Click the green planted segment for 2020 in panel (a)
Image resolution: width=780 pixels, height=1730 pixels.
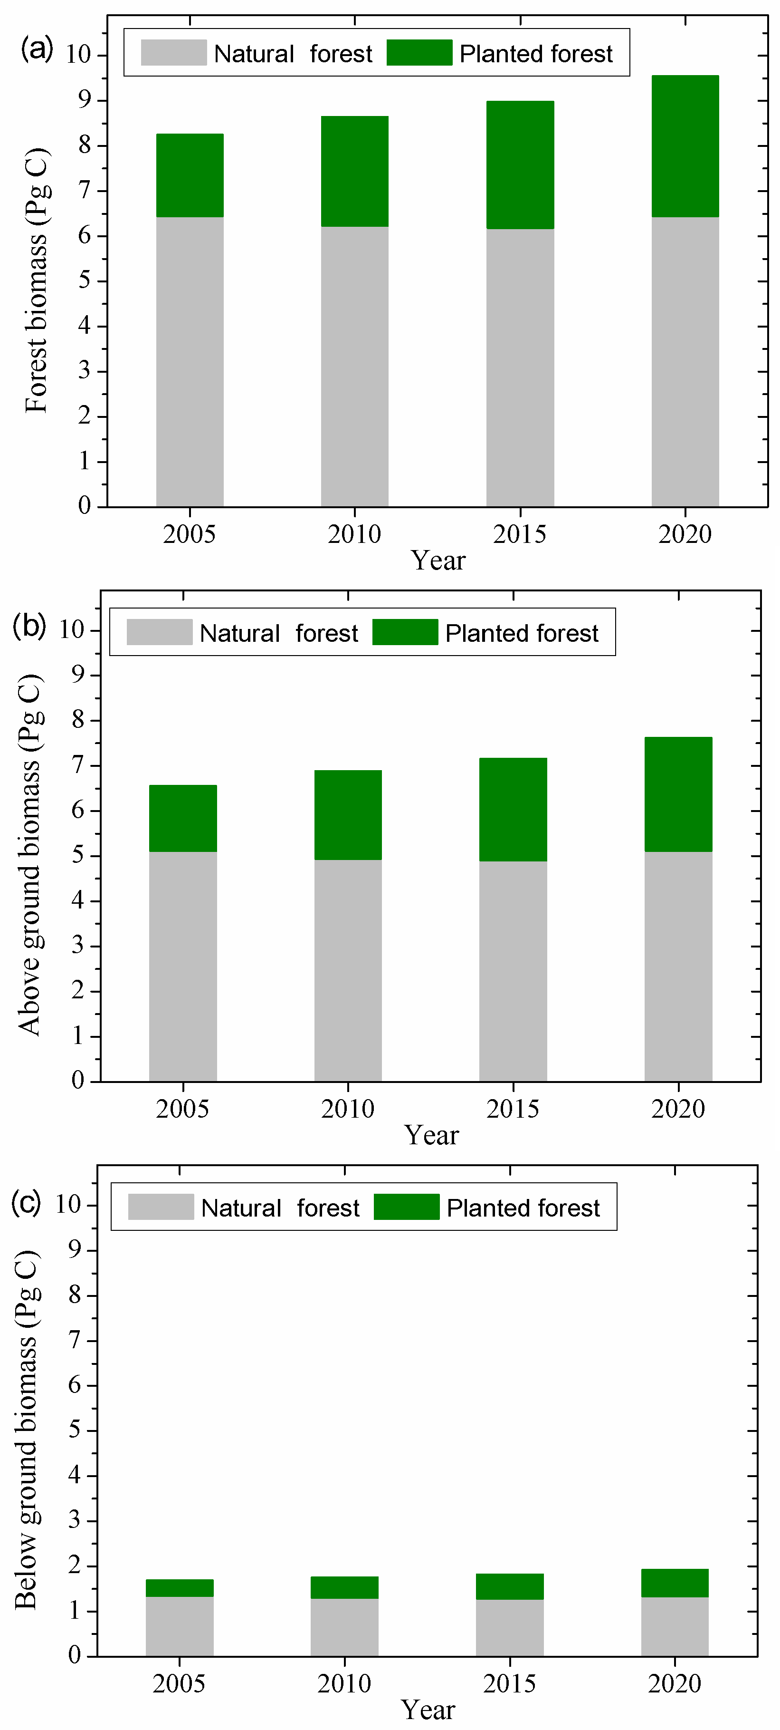685,146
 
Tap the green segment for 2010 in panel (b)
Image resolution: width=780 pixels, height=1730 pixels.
348,815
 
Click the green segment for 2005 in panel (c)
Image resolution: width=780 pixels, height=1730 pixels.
179,1588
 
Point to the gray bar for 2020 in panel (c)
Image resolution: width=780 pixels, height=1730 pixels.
675,1626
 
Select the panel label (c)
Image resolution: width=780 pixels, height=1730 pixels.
26,1201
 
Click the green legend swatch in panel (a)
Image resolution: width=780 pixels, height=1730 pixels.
419,52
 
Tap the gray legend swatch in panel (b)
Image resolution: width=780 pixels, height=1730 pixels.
159,632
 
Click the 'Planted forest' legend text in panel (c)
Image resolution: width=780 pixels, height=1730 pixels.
523,1208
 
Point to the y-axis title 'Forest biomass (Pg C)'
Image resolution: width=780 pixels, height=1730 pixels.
37,280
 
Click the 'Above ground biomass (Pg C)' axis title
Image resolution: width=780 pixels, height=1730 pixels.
30,854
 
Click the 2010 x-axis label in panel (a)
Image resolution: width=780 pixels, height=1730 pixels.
354,534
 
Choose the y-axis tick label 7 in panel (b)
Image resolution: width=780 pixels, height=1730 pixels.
78,765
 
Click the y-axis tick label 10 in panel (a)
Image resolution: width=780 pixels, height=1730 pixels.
78,54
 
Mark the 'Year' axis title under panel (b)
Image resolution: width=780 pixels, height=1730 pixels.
431,1134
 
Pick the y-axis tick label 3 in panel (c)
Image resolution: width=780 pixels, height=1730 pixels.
75,1520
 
